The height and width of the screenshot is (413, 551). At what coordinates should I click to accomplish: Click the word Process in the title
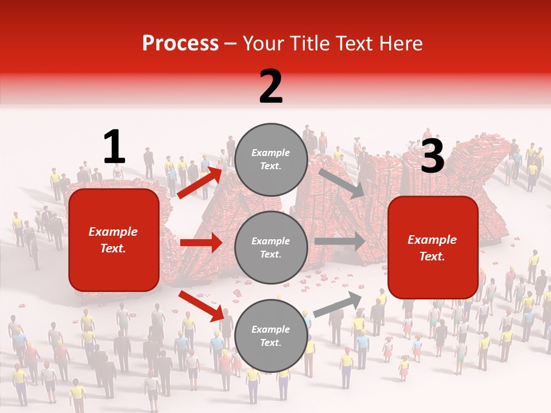pyautogui.click(x=180, y=44)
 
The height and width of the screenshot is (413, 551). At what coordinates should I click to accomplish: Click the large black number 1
pyautogui.click(x=114, y=147)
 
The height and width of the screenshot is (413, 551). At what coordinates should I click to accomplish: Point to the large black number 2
pyautogui.click(x=271, y=87)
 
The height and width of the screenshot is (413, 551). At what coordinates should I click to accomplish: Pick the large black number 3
pyautogui.click(x=432, y=156)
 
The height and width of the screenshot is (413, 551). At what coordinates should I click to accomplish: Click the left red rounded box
pyautogui.click(x=114, y=240)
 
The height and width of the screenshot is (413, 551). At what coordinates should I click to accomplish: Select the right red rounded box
pyautogui.click(x=433, y=248)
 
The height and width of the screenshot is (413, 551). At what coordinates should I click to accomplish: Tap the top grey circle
pyautogui.click(x=271, y=159)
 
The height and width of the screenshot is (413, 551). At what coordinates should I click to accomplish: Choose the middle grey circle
pyautogui.click(x=271, y=248)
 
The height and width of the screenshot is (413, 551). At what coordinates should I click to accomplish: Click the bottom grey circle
pyautogui.click(x=271, y=336)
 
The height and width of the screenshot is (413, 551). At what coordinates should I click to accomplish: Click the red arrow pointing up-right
pyautogui.click(x=200, y=182)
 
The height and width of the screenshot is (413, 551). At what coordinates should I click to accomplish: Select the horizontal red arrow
pyautogui.click(x=201, y=243)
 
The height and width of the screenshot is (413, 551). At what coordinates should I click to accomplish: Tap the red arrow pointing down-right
pyautogui.click(x=200, y=306)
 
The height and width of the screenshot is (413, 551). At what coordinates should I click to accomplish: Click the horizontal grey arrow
pyautogui.click(x=339, y=241)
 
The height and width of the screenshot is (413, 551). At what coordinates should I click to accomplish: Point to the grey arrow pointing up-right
pyautogui.click(x=337, y=304)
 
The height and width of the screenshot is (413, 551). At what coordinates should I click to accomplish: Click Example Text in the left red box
pyautogui.click(x=114, y=240)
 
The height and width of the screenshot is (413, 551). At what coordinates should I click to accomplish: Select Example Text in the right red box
pyautogui.click(x=432, y=248)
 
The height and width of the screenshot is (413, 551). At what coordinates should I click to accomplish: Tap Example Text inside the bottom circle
pyautogui.click(x=271, y=336)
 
